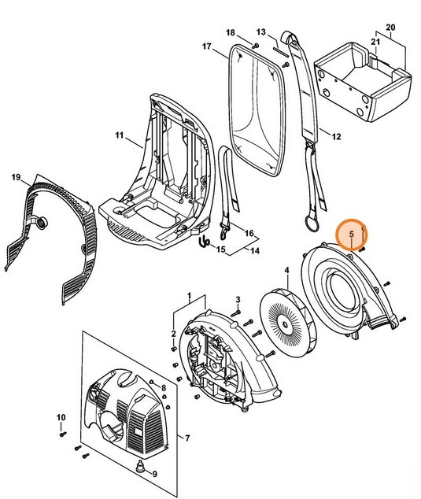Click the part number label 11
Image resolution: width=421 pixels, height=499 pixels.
click(x=120, y=136)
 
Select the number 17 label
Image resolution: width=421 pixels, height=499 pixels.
click(x=208, y=46)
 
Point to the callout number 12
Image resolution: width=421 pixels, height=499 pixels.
click(x=336, y=137)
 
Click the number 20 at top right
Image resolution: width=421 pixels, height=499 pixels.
click(x=391, y=28)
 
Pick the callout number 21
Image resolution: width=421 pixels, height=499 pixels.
click(x=375, y=41)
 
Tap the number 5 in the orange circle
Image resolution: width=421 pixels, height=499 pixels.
click(x=352, y=234)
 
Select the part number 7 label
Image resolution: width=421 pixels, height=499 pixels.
click(x=186, y=438)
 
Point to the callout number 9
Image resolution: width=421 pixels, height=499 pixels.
click(x=154, y=474)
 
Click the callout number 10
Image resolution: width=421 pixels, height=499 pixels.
click(x=60, y=416)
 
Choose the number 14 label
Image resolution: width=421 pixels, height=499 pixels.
click(x=254, y=250)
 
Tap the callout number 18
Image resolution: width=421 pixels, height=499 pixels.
click(x=231, y=32)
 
